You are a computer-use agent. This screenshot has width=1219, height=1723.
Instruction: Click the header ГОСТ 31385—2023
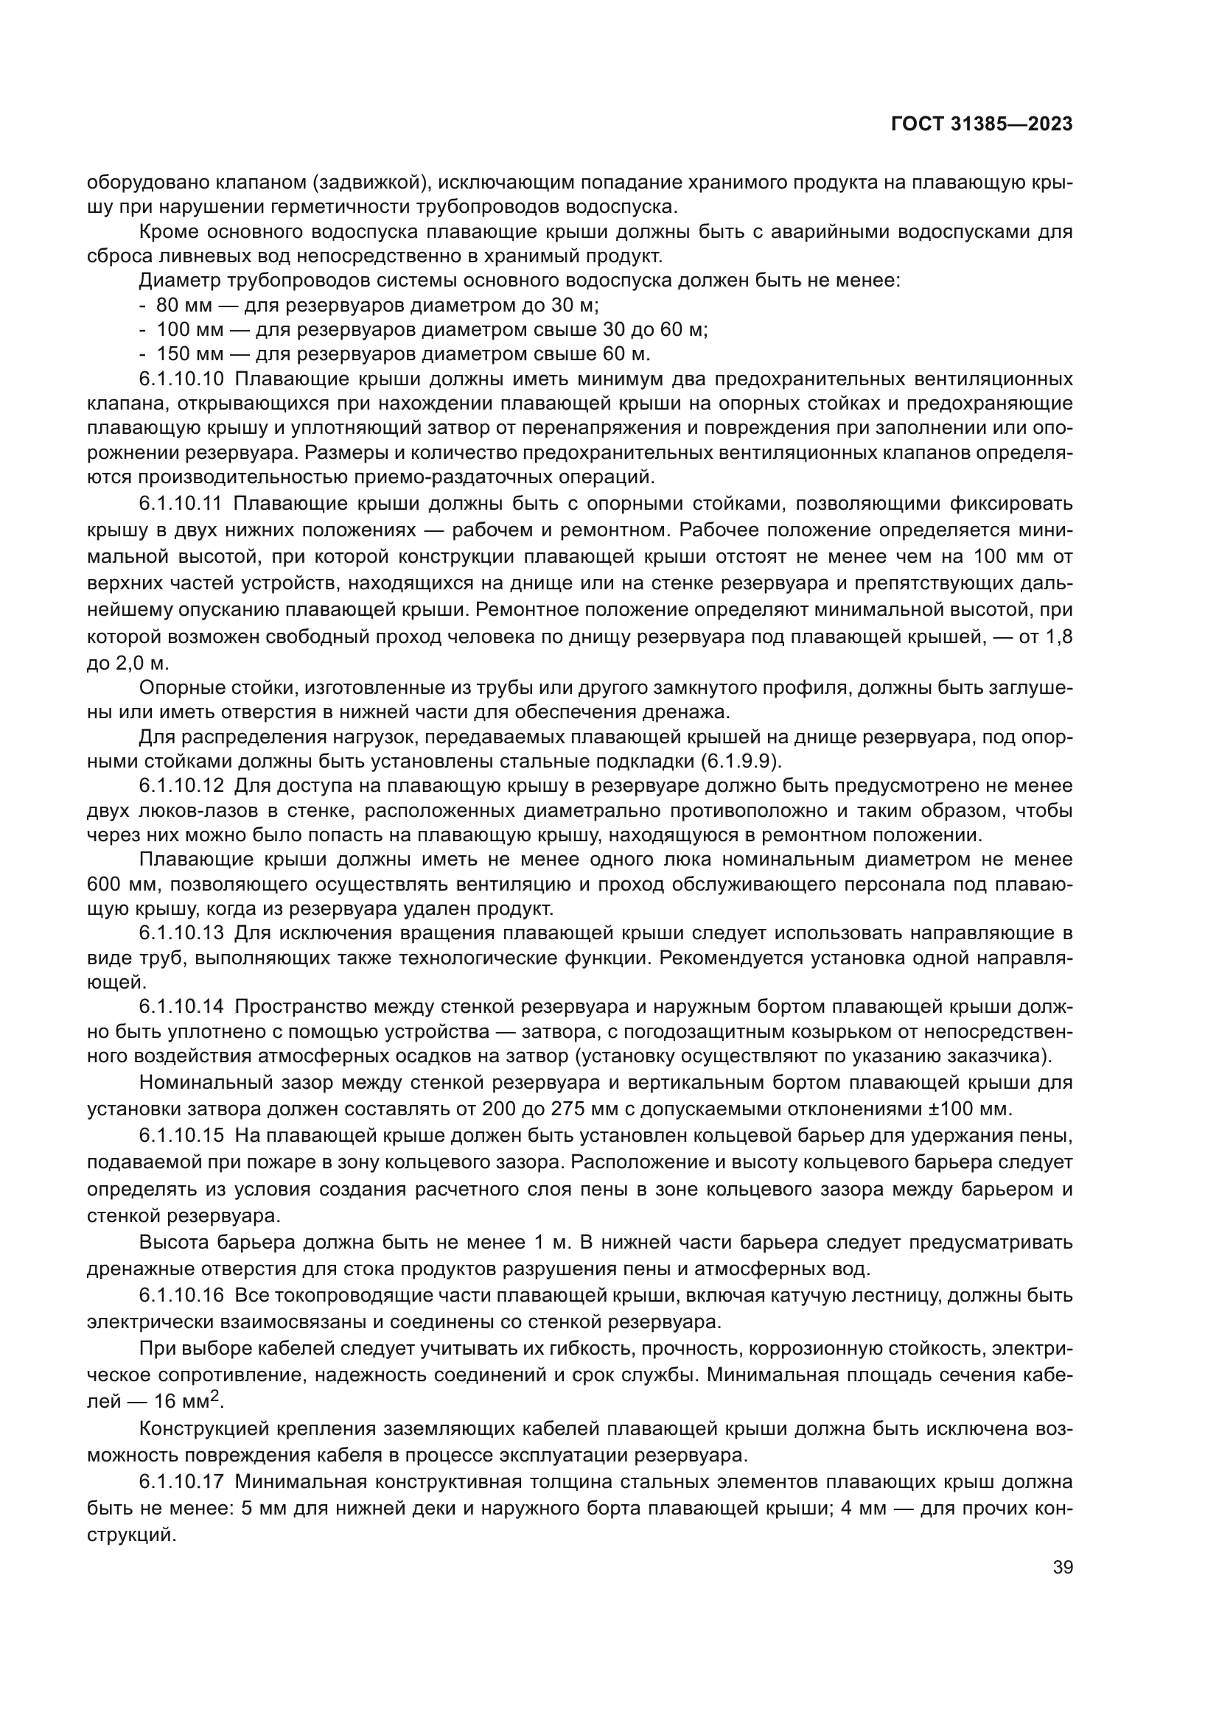tap(981, 124)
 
